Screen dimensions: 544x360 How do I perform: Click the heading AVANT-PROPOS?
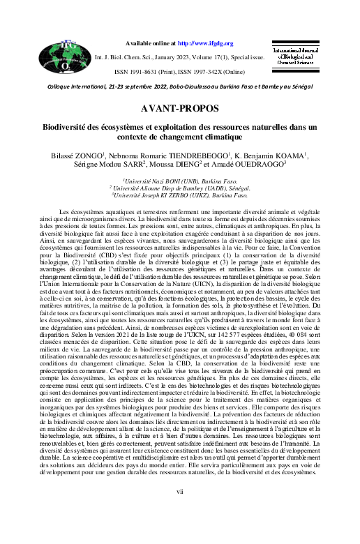[179, 109]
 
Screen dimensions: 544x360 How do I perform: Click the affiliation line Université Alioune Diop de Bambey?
[180, 188]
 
